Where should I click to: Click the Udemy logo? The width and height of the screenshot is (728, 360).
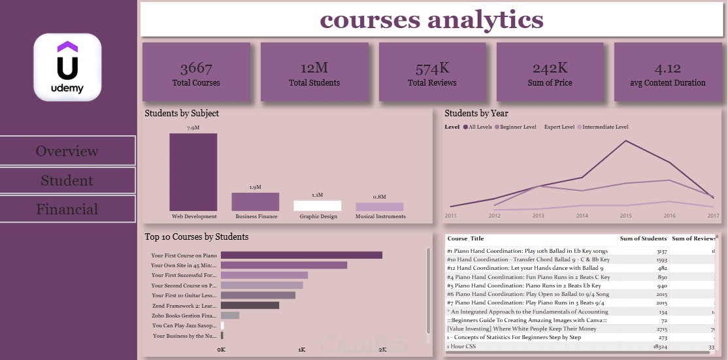(x=67, y=67)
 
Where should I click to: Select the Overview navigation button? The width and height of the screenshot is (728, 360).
(x=67, y=151)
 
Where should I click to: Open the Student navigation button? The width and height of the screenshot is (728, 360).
(x=67, y=180)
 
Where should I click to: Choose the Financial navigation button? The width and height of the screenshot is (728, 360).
(x=67, y=209)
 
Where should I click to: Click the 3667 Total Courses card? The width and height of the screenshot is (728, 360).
(x=196, y=72)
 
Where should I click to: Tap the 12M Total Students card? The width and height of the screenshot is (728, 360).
(x=314, y=72)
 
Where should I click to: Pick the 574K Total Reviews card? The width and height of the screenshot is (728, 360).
(x=432, y=72)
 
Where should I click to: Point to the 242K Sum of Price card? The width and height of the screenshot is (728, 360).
(x=550, y=72)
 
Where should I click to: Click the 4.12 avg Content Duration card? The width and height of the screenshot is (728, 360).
(x=667, y=72)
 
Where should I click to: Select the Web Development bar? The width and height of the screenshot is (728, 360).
(x=193, y=172)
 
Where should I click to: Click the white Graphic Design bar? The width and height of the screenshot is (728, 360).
(x=317, y=206)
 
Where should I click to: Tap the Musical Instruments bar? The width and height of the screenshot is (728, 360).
(x=380, y=206)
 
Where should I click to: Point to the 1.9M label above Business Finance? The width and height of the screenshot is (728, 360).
(x=256, y=188)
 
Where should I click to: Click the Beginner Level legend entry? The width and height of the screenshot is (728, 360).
(x=516, y=127)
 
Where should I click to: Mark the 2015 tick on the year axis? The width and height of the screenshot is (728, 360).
(x=625, y=215)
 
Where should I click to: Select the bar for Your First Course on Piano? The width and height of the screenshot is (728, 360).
(x=301, y=255)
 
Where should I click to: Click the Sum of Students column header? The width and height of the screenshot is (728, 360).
(x=643, y=238)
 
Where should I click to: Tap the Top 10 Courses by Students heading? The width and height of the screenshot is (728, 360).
(x=197, y=237)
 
